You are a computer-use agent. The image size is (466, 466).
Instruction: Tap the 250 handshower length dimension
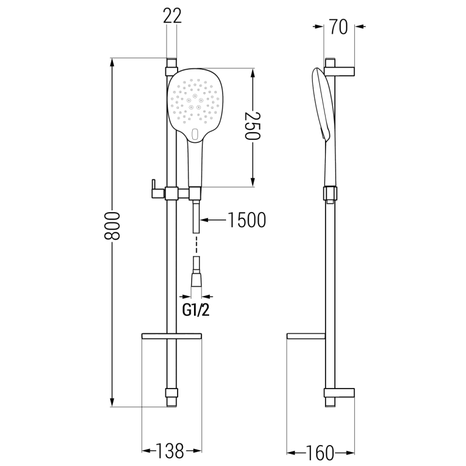click(253, 125)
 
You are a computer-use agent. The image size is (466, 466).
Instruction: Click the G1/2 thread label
click(196, 311)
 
